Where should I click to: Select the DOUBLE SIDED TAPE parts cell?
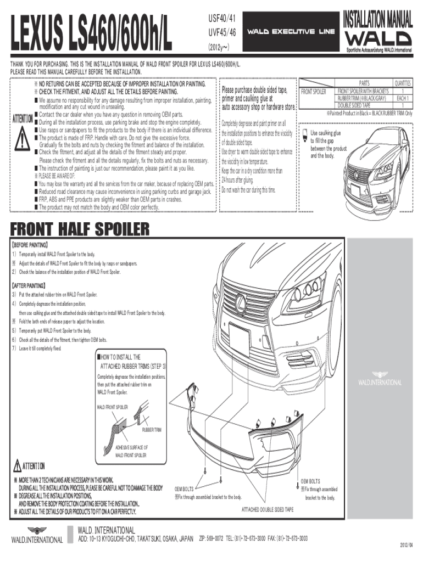pyautogui.click(x=354, y=105)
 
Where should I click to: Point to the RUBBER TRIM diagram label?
pyautogui.click(x=152, y=429)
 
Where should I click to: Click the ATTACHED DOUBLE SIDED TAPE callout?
pyautogui.click(x=268, y=509)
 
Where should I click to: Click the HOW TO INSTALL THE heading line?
pyautogui.click(x=119, y=356)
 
